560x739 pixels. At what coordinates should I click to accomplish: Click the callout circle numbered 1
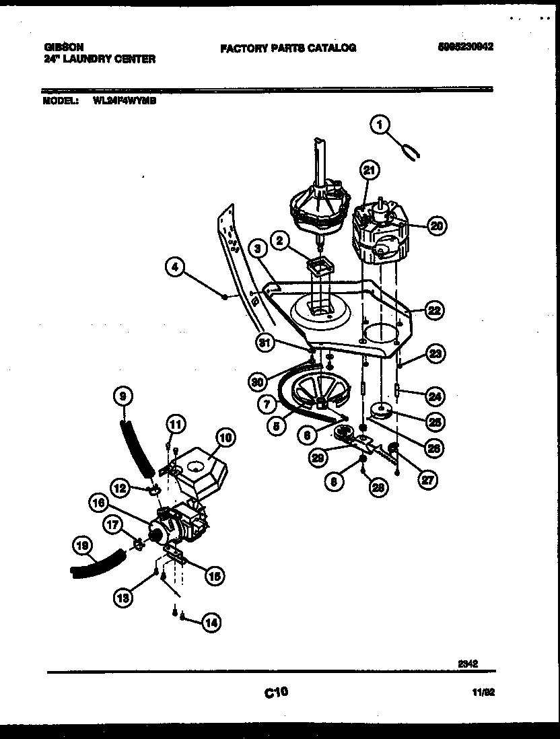[x=381, y=125]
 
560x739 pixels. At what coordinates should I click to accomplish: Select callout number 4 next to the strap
[x=175, y=268]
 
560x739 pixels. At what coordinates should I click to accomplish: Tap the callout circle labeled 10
[x=225, y=439]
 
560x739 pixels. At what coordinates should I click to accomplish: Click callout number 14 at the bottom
[x=211, y=623]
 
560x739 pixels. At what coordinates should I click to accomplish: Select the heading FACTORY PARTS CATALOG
[x=287, y=48]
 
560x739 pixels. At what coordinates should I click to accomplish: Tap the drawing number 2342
[x=468, y=663]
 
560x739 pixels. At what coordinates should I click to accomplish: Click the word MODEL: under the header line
[x=59, y=102]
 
